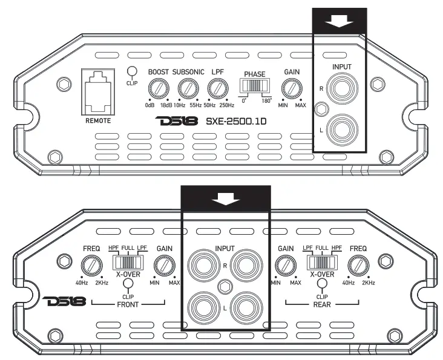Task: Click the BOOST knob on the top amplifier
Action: pyautogui.click(x=159, y=88)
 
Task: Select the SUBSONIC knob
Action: pyautogui.click(x=188, y=88)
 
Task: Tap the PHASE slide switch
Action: pyautogui.click(x=255, y=85)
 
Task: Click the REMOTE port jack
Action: pyautogui.click(x=98, y=92)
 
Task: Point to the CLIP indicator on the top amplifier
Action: pyautogui.click(x=132, y=71)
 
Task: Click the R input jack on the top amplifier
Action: pyautogui.click(x=342, y=88)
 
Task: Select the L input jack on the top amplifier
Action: pyautogui.click(x=342, y=130)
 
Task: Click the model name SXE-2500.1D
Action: pyautogui.click(x=236, y=122)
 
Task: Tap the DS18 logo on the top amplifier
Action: pyautogui.click(x=177, y=121)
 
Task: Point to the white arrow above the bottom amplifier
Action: pyautogui.click(x=226, y=199)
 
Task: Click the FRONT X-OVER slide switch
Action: pyautogui.click(x=128, y=263)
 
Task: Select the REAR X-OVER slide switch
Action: pyautogui.click(x=322, y=263)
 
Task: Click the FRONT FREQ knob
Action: pyautogui.click(x=91, y=266)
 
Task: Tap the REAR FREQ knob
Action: pyautogui.click(x=358, y=266)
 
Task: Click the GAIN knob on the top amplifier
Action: pyautogui.click(x=292, y=88)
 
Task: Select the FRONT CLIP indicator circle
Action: pyautogui.click(x=128, y=283)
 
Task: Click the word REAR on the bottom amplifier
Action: pyautogui.click(x=322, y=305)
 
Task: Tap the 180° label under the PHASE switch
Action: pyautogui.click(x=267, y=101)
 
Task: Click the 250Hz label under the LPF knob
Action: pyautogui.click(x=227, y=105)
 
